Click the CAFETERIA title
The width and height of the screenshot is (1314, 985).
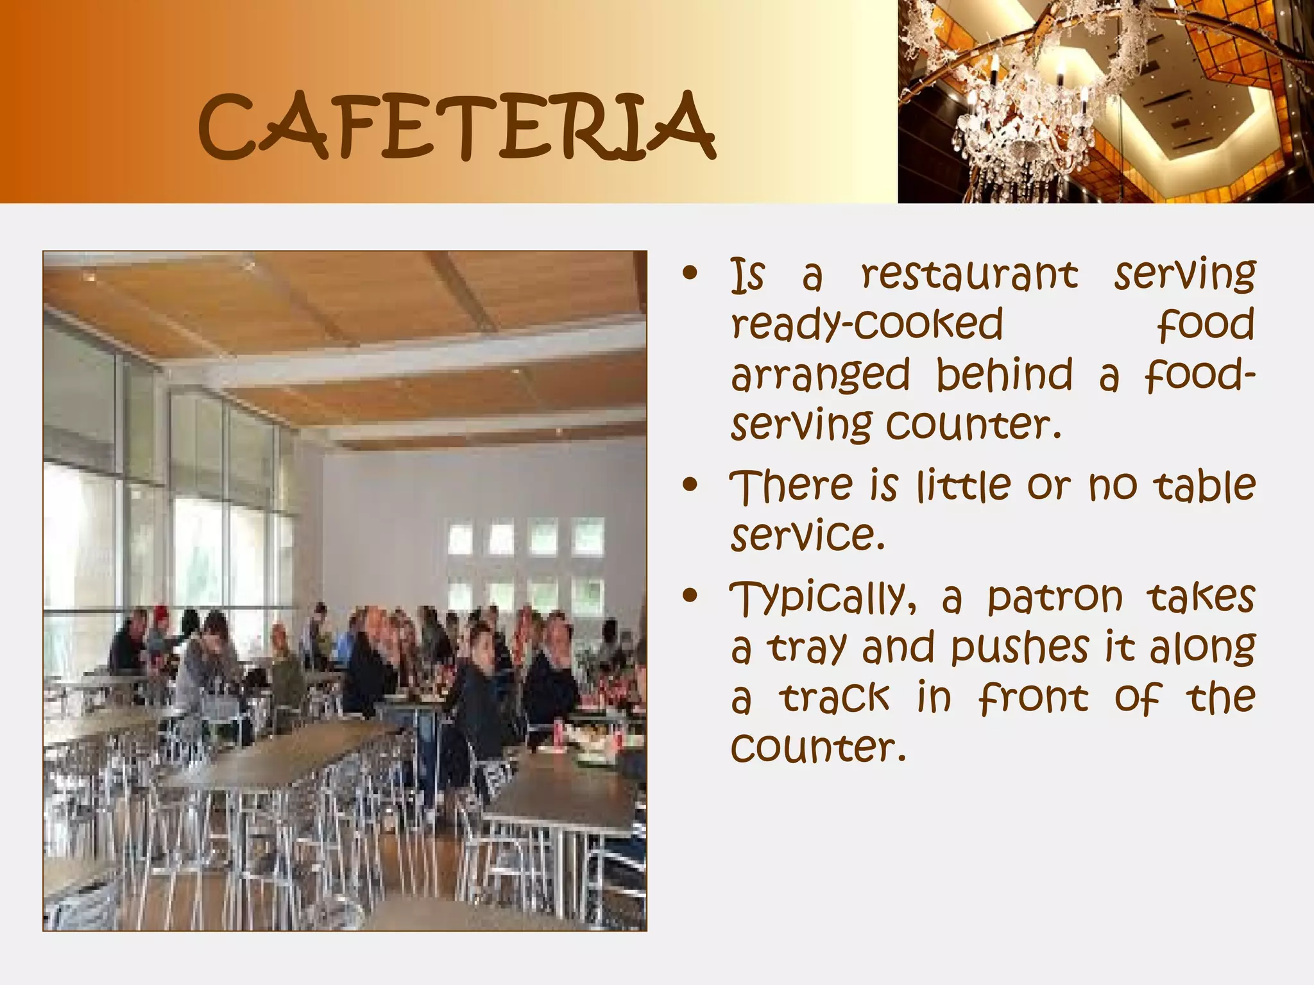(456, 126)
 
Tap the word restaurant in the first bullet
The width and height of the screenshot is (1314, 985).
(969, 275)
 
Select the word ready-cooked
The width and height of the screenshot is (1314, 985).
(867, 324)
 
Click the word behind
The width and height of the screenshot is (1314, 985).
(1004, 374)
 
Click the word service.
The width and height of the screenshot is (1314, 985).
(808, 535)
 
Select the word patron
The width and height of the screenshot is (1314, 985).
(1055, 598)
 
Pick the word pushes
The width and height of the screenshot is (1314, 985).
(1020, 648)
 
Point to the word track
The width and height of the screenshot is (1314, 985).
(835, 698)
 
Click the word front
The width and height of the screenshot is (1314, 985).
(1034, 698)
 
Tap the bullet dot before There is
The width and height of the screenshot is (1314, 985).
(690, 485)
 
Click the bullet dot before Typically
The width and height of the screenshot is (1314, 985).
(690, 597)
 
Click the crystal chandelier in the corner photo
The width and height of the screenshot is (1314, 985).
(1020, 122)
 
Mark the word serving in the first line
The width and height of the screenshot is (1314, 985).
(1184, 275)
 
